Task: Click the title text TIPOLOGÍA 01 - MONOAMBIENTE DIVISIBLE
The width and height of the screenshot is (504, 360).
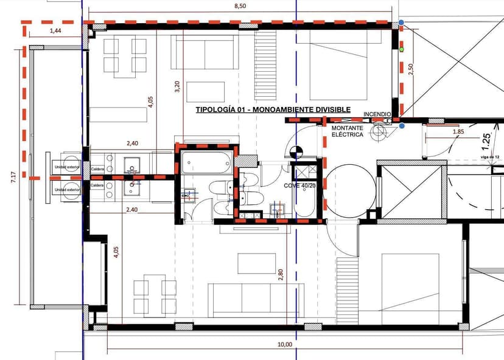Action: (x=273, y=109)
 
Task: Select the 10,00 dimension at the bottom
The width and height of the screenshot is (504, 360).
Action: (x=284, y=345)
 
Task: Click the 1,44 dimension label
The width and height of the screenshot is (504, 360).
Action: (x=55, y=30)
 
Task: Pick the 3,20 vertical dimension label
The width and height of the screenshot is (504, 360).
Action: (x=177, y=86)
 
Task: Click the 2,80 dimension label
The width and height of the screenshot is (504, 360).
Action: (x=281, y=275)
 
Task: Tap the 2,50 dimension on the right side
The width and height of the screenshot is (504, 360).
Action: (x=411, y=69)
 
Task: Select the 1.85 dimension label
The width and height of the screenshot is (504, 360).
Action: (x=458, y=131)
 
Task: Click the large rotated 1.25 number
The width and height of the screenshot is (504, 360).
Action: (x=485, y=142)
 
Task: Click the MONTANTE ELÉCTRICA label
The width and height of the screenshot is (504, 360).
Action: (x=348, y=131)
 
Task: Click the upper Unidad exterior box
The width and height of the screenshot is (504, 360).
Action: (x=66, y=167)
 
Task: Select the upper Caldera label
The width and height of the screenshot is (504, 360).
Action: (x=97, y=168)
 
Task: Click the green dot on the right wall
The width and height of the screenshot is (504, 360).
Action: (x=402, y=48)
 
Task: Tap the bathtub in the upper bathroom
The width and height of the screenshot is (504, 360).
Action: (x=206, y=162)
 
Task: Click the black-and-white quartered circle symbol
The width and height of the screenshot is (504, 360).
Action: (x=296, y=150)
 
